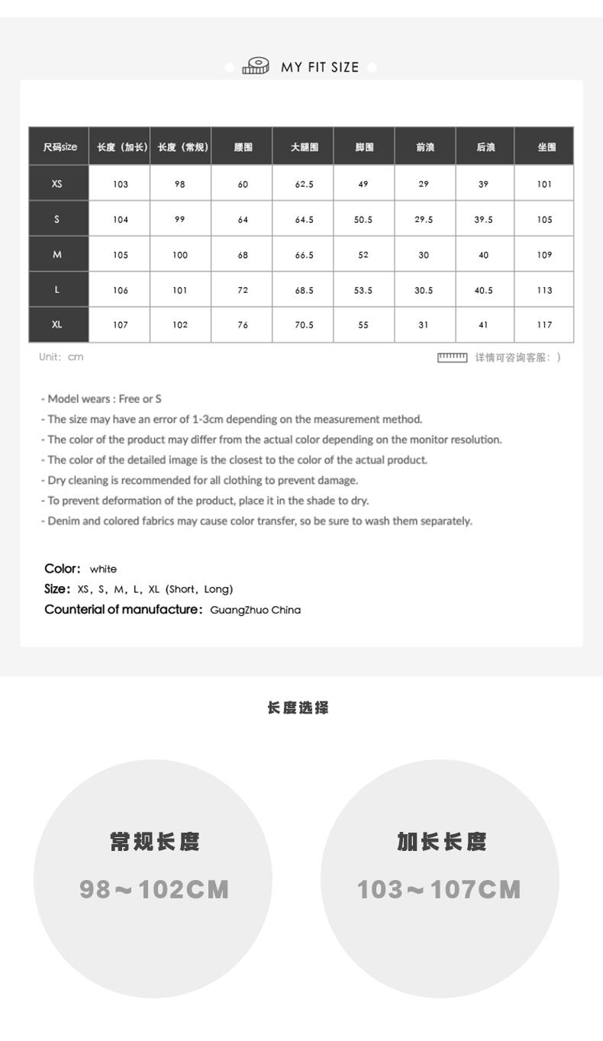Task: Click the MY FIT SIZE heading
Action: tap(320, 67)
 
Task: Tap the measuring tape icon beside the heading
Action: tap(256, 66)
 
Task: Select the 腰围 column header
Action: tap(243, 147)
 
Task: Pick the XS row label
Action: tap(58, 184)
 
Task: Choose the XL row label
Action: tap(58, 324)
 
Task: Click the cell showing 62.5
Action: tap(304, 184)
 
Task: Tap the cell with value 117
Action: tap(543, 324)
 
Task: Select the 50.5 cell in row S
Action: tap(363, 220)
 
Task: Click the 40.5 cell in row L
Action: tap(484, 290)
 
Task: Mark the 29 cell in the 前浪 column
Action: tap(424, 184)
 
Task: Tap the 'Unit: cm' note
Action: tap(62, 356)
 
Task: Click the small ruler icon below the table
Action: tap(452, 356)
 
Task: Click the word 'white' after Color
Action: tap(103, 569)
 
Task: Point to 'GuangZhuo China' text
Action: tap(255, 610)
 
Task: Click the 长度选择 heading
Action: tap(298, 708)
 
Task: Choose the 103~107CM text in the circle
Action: tap(440, 889)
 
